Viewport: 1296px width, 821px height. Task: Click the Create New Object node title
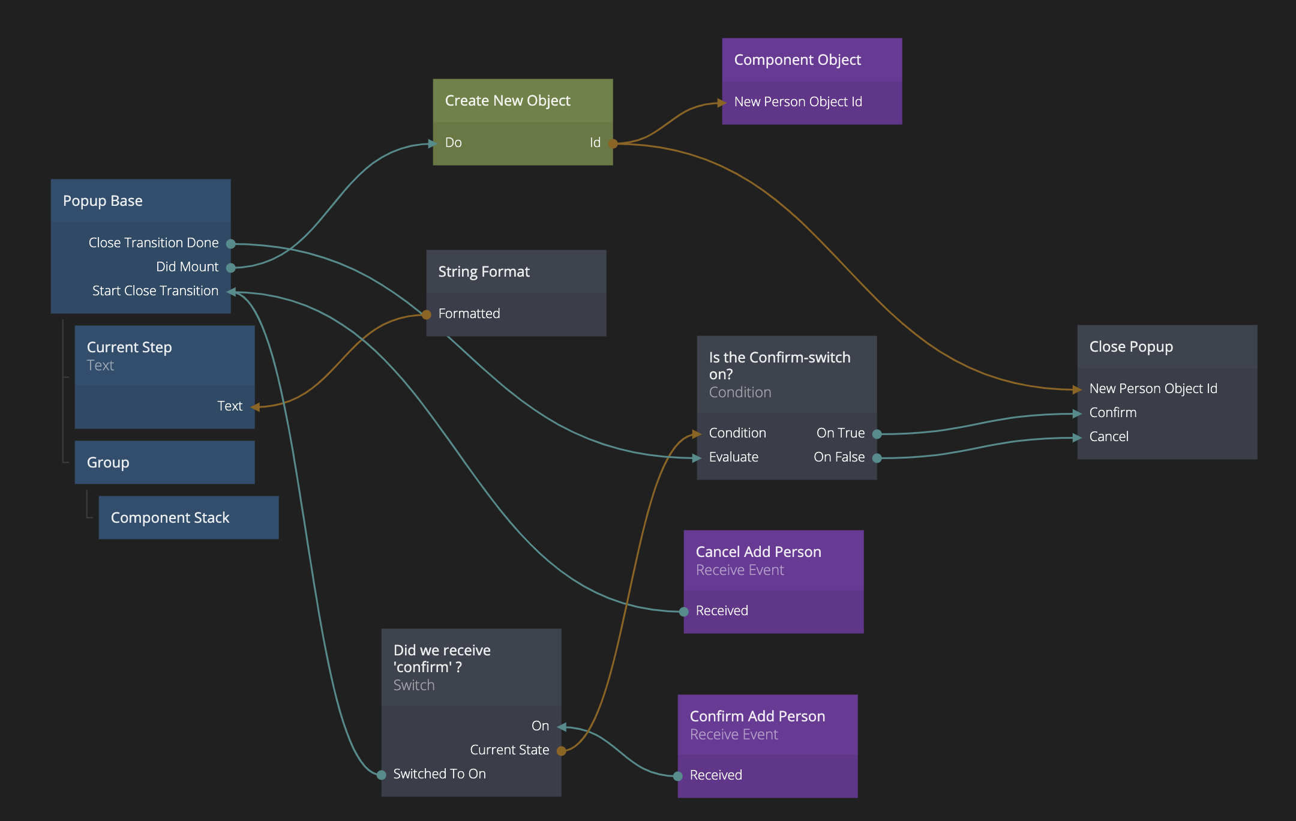[x=508, y=101]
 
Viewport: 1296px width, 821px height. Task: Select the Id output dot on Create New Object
[x=613, y=143]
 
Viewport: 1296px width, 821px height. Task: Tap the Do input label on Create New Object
[x=454, y=143]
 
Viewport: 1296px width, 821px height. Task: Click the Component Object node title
[x=797, y=60]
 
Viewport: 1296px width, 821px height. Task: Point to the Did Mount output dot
[x=230, y=268]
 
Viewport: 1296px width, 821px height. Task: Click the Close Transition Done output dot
[x=230, y=244]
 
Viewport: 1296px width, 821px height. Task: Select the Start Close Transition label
[x=155, y=291]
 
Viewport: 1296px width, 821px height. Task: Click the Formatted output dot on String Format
[x=427, y=314]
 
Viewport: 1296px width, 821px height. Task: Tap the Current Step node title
[x=130, y=347]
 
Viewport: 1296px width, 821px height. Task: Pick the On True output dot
[x=877, y=434]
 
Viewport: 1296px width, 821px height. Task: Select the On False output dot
[x=877, y=458]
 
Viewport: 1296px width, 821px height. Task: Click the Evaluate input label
[x=733, y=457]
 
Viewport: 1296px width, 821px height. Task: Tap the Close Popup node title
[x=1131, y=347]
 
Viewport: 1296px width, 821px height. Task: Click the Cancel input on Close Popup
[x=1109, y=437]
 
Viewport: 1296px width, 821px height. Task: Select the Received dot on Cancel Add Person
[x=684, y=612]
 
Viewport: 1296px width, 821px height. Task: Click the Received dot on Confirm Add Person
[x=678, y=776]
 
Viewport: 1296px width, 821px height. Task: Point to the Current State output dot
[x=561, y=751]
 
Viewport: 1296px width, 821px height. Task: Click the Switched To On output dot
[x=382, y=775]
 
